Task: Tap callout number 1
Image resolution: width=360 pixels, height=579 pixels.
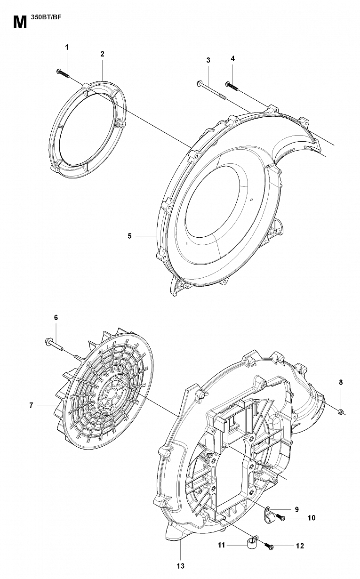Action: [x=67, y=47]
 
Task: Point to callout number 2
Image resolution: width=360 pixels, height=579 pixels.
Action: [x=102, y=54]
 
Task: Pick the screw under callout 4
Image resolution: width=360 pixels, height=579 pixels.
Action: [x=232, y=86]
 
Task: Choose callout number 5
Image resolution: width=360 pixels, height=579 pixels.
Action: [x=130, y=236]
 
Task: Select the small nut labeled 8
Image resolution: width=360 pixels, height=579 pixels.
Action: [x=341, y=412]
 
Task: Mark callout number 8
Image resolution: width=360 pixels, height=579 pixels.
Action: [x=341, y=382]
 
